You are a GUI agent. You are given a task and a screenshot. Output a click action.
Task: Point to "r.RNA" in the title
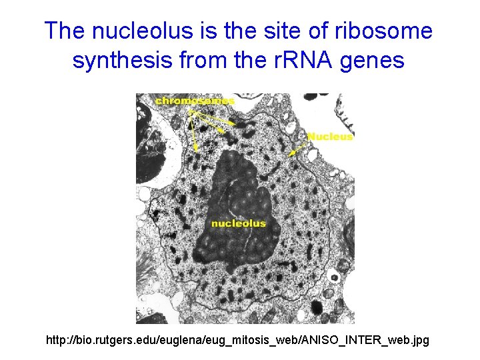(295, 61)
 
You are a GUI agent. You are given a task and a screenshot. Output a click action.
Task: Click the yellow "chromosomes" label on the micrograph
(195, 101)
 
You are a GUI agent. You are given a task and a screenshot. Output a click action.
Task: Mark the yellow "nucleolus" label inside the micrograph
(238, 223)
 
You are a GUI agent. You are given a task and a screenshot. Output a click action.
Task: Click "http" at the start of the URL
(55, 341)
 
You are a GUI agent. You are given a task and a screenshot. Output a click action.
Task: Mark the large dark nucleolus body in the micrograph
(233, 200)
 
